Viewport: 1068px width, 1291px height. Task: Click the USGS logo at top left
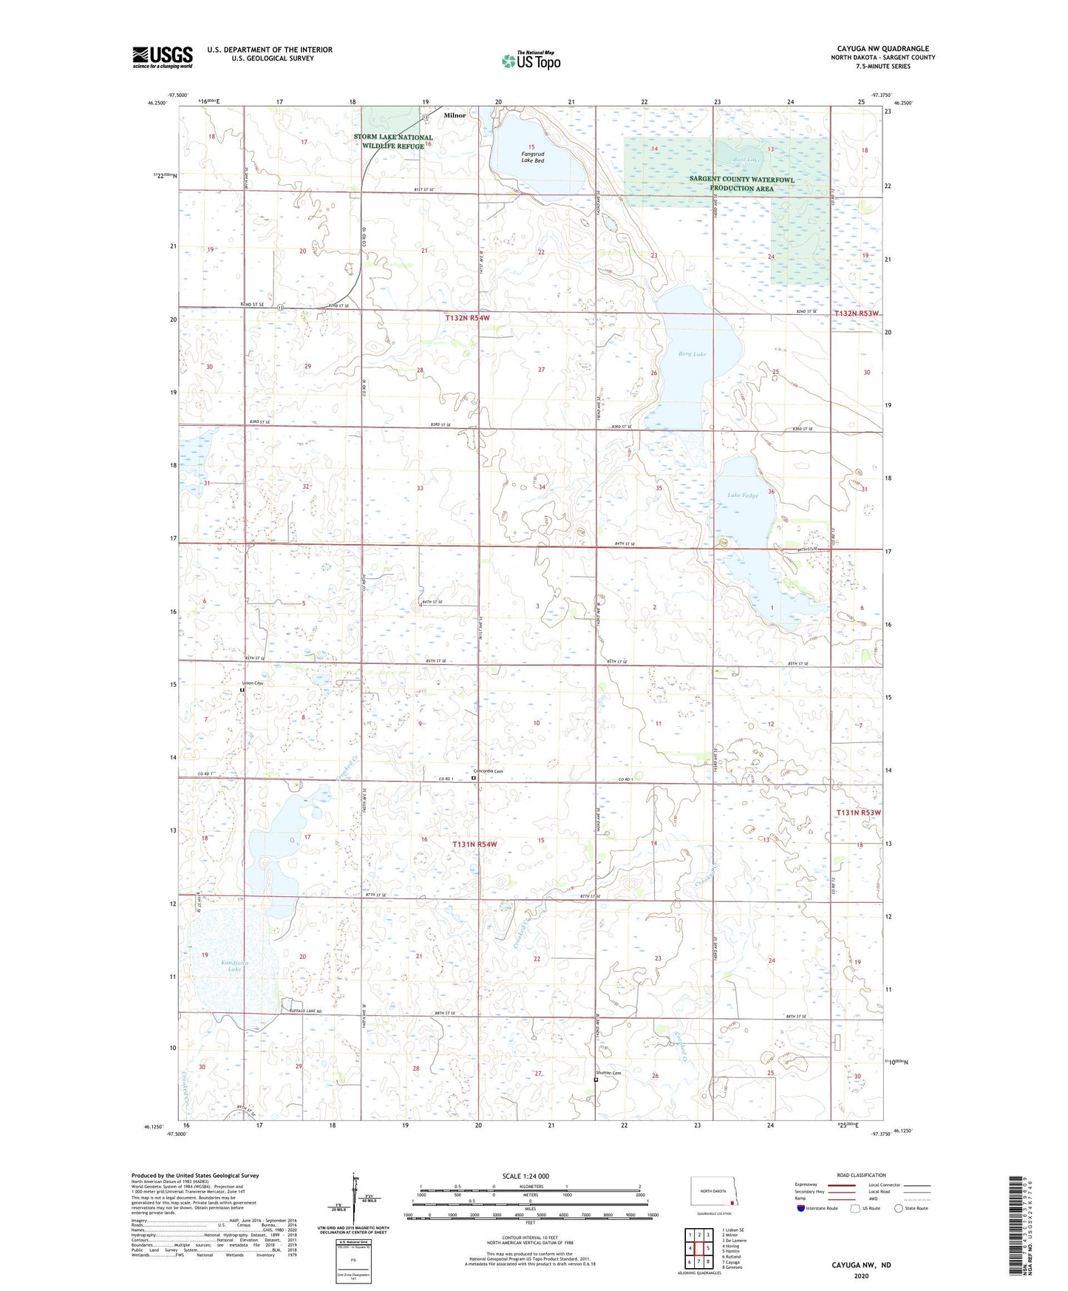[x=163, y=57]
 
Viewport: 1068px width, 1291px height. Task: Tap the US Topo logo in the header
[x=531, y=61]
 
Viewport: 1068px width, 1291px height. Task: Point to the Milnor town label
[x=455, y=115]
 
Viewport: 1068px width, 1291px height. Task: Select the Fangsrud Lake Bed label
[x=532, y=157]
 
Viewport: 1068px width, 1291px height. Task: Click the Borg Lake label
[x=693, y=354]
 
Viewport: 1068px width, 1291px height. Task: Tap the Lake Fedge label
[x=743, y=495]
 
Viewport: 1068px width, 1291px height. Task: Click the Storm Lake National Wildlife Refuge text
[x=392, y=142]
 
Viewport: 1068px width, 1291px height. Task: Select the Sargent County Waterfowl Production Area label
[x=741, y=183]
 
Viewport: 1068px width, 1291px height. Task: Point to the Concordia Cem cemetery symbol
[x=474, y=778]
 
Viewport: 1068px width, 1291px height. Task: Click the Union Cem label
[x=253, y=683]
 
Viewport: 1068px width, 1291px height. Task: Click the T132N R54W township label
[x=467, y=318]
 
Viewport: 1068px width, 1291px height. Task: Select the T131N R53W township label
[x=858, y=813]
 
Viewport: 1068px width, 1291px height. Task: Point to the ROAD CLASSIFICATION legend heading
[x=860, y=1175]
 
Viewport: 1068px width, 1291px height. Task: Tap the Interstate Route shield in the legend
[x=801, y=1208]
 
